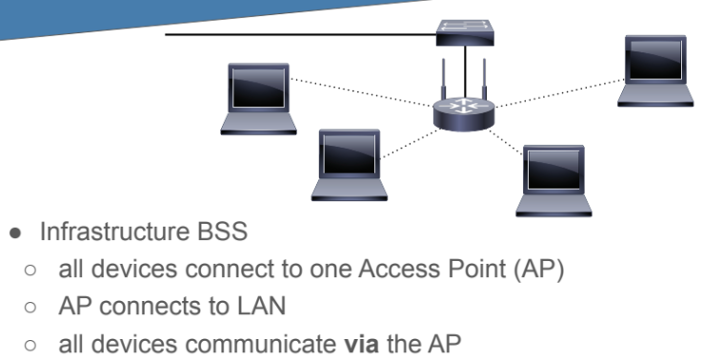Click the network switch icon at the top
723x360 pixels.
click(x=465, y=32)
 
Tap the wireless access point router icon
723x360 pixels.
click(x=464, y=113)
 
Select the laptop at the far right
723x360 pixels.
click(x=655, y=71)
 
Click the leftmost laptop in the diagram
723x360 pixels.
click(x=258, y=99)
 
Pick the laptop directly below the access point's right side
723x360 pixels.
click(x=553, y=181)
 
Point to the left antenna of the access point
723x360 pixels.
click(x=444, y=78)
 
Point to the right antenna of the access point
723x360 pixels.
click(x=484, y=78)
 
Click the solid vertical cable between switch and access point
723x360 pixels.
click(x=465, y=71)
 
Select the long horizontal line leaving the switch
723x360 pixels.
click(x=301, y=34)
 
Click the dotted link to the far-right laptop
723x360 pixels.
click(x=560, y=93)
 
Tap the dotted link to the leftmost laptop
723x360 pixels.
click(x=362, y=92)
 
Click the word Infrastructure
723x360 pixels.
click(x=115, y=231)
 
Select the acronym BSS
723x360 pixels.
click(x=223, y=231)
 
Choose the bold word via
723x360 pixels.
click(x=362, y=345)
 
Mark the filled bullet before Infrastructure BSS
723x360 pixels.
click(x=15, y=232)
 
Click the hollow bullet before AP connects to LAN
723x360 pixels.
click(x=30, y=308)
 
